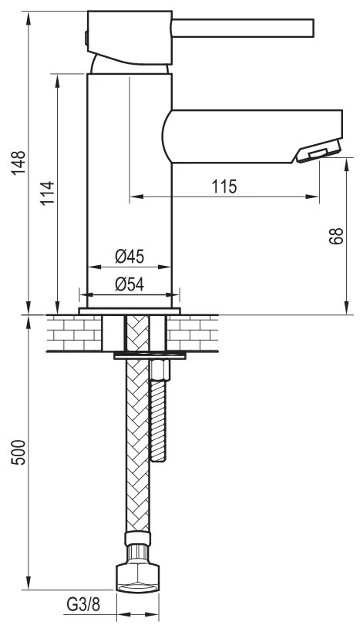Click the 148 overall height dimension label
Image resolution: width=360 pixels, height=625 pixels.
click(19, 163)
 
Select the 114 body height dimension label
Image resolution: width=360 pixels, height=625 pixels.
click(47, 193)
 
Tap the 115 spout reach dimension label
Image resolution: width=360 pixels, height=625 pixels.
click(224, 186)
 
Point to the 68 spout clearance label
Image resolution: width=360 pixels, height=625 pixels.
click(336, 236)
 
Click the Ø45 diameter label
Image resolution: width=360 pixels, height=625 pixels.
click(130, 257)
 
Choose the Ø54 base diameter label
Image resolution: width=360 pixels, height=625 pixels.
click(130, 284)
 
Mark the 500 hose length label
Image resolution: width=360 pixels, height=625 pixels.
click(19, 452)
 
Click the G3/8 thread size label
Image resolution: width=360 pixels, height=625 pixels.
click(83, 604)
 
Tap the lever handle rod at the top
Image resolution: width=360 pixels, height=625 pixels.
click(242, 28)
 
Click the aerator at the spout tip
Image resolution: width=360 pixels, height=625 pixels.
click(319, 150)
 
